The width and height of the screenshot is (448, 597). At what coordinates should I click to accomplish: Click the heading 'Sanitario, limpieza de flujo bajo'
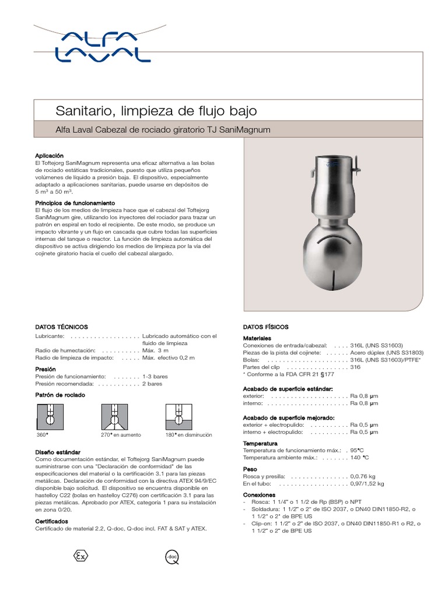tap(155, 110)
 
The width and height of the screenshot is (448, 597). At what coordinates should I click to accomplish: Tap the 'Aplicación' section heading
tap(49, 156)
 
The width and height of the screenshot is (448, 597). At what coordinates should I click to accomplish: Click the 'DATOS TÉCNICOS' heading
tap(61, 327)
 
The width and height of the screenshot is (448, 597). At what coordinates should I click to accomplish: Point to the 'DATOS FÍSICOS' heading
tap(265, 327)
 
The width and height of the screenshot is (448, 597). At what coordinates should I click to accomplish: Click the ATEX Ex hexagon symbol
tap(80, 556)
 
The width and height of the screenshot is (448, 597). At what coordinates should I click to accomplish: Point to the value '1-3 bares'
tap(155, 377)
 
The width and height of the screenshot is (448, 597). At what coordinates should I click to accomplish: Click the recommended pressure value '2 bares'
tap(152, 384)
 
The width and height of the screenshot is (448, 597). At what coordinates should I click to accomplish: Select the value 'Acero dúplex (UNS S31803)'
tap(387, 353)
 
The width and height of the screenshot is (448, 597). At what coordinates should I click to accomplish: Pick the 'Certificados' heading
tap(52, 521)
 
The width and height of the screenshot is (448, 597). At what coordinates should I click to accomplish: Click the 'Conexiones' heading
tap(260, 494)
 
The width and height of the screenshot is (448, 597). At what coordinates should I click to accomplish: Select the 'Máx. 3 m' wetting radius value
tap(155, 350)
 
